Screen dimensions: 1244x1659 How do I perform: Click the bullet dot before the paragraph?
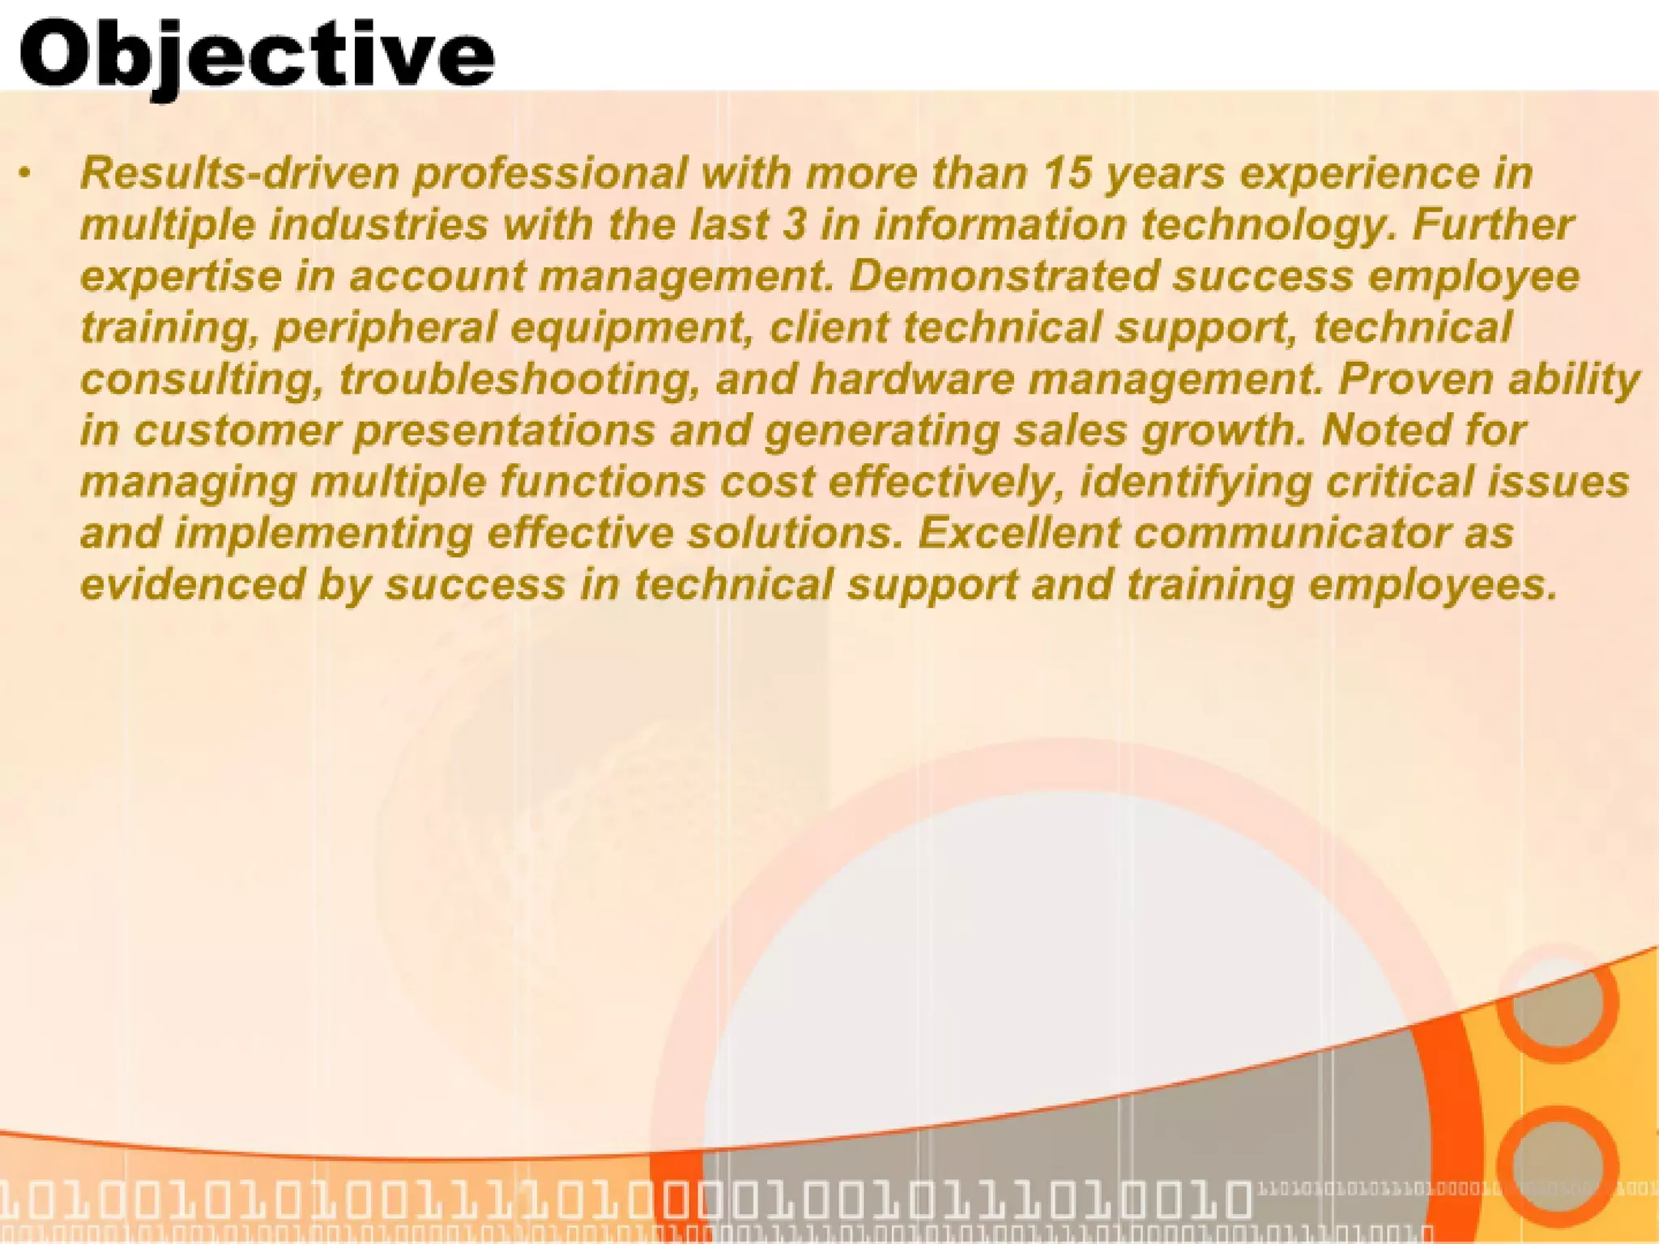pyautogui.click(x=27, y=173)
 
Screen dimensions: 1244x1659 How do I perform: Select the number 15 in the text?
pyautogui.click(x=1067, y=173)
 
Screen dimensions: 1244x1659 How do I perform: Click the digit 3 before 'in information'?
pyautogui.click(x=794, y=225)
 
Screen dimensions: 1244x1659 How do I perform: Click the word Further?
pyautogui.click(x=1492, y=224)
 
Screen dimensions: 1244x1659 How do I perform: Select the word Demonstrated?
pyautogui.click(x=1004, y=276)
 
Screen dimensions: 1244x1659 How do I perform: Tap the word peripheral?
pyautogui.click(x=386, y=329)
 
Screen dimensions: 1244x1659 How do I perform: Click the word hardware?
pyautogui.click(x=912, y=379)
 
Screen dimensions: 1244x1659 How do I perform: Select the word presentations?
pyautogui.click(x=504, y=431)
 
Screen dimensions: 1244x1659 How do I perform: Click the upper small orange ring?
pyautogui.click(x=1557, y=1003)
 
